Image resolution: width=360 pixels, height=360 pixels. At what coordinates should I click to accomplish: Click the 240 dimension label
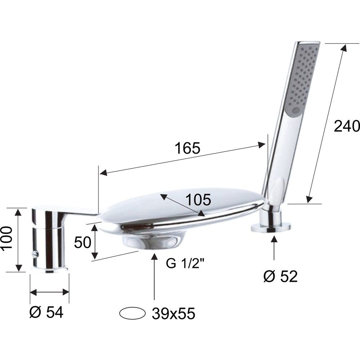(346, 126)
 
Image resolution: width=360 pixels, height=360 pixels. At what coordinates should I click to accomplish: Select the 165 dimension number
(187, 148)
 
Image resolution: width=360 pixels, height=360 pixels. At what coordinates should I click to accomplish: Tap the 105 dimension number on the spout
(198, 199)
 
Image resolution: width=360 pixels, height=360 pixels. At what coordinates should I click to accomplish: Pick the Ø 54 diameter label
(46, 312)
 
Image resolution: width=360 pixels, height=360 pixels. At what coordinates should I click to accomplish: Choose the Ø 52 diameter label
(280, 276)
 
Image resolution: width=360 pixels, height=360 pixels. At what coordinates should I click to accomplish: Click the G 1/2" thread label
(185, 264)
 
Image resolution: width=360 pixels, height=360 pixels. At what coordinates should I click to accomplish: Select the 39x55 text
(174, 314)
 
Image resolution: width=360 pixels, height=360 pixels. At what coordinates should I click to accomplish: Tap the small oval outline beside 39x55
(132, 313)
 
